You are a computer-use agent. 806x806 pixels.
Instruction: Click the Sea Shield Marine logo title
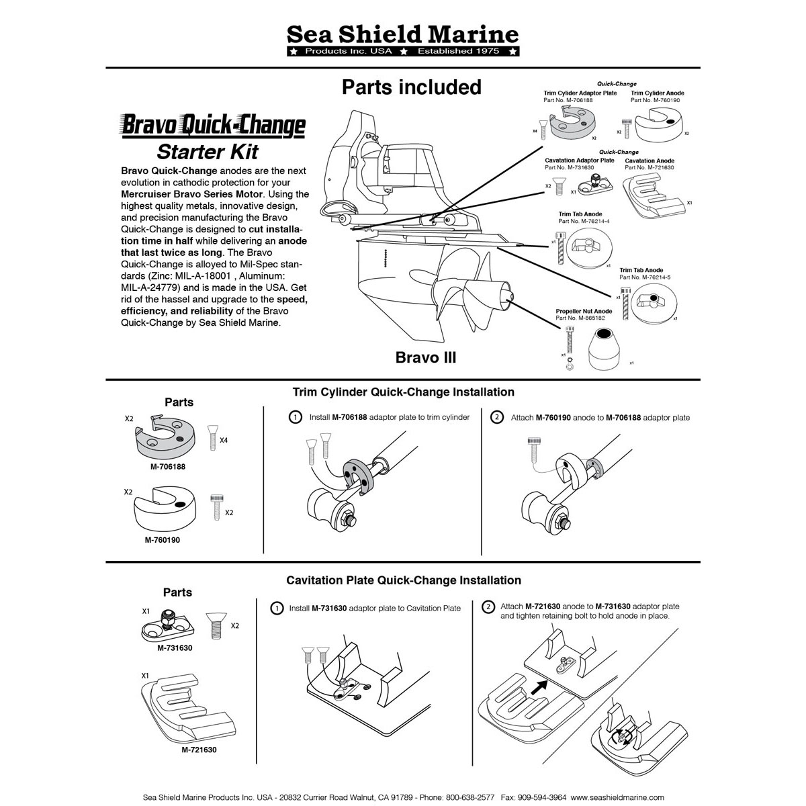(402, 34)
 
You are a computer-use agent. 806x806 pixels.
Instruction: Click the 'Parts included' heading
(411, 87)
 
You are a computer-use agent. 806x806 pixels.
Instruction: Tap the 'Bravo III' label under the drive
(425, 357)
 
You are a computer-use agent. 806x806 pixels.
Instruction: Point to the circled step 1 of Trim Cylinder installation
(294, 417)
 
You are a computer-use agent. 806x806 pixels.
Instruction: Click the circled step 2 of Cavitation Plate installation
(488, 607)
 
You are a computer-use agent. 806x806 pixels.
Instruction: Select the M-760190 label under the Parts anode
(162, 539)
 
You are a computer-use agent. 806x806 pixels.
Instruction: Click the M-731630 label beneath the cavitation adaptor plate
(175, 648)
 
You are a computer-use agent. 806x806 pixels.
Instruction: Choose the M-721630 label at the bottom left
(199, 750)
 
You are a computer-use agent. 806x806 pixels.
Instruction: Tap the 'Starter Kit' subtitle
(208, 151)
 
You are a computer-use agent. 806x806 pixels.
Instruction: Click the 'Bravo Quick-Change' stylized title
(213, 126)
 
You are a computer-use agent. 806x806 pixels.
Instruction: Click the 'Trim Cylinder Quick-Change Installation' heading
(403, 392)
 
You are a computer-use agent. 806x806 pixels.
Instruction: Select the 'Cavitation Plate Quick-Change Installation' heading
(403, 580)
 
